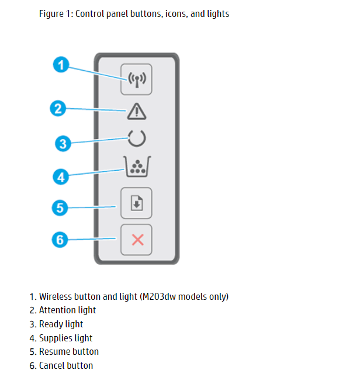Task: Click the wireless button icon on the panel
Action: (x=136, y=79)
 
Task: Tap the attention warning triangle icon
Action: (x=136, y=110)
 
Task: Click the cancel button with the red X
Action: (x=136, y=240)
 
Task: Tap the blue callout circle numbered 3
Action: (x=63, y=143)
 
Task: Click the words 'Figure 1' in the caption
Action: (x=54, y=13)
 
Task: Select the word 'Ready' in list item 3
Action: (x=51, y=324)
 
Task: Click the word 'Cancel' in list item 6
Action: (x=52, y=366)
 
